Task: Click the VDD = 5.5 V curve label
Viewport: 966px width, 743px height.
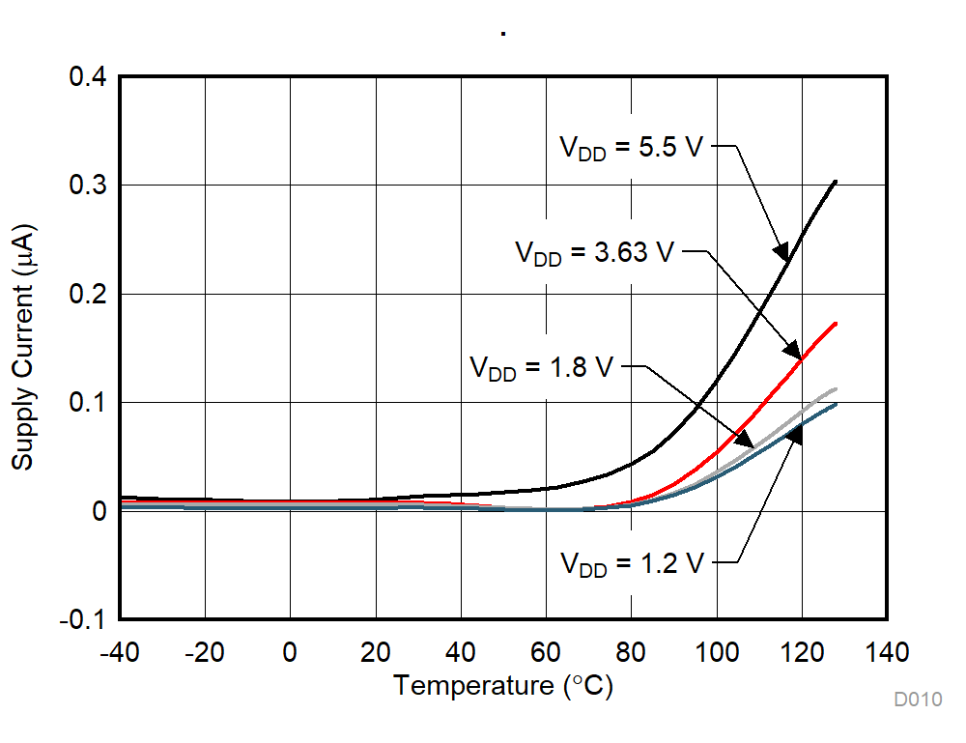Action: pyautogui.click(x=634, y=149)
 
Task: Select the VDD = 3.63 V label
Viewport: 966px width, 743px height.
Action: pyautogui.click(x=594, y=254)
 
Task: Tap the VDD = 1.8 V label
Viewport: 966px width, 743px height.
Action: pyautogui.click(x=542, y=369)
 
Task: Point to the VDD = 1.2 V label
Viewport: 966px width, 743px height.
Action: pyautogui.click(x=633, y=564)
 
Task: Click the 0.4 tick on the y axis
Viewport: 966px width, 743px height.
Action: pyautogui.click(x=86, y=76)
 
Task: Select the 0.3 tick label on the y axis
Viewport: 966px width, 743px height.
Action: pyautogui.click(x=86, y=186)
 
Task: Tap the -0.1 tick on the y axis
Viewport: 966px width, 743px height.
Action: pyautogui.click(x=82, y=620)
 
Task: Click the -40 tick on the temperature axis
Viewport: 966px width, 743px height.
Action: pyautogui.click(x=119, y=652)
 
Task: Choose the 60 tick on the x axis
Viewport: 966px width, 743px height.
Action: pyautogui.click(x=546, y=652)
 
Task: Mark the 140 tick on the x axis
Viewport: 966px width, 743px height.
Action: pyautogui.click(x=887, y=652)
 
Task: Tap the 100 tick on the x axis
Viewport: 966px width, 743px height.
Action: pyautogui.click(x=716, y=652)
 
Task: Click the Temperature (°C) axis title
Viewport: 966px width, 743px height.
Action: pyautogui.click(x=502, y=687)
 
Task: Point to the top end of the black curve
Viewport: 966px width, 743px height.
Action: pyautogui.click(x=835, y=182)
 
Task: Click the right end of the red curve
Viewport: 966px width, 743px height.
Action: pyautogui.click(x=835, y=324)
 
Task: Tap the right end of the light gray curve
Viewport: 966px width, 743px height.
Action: pyautogui.click(x=835, y=389)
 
